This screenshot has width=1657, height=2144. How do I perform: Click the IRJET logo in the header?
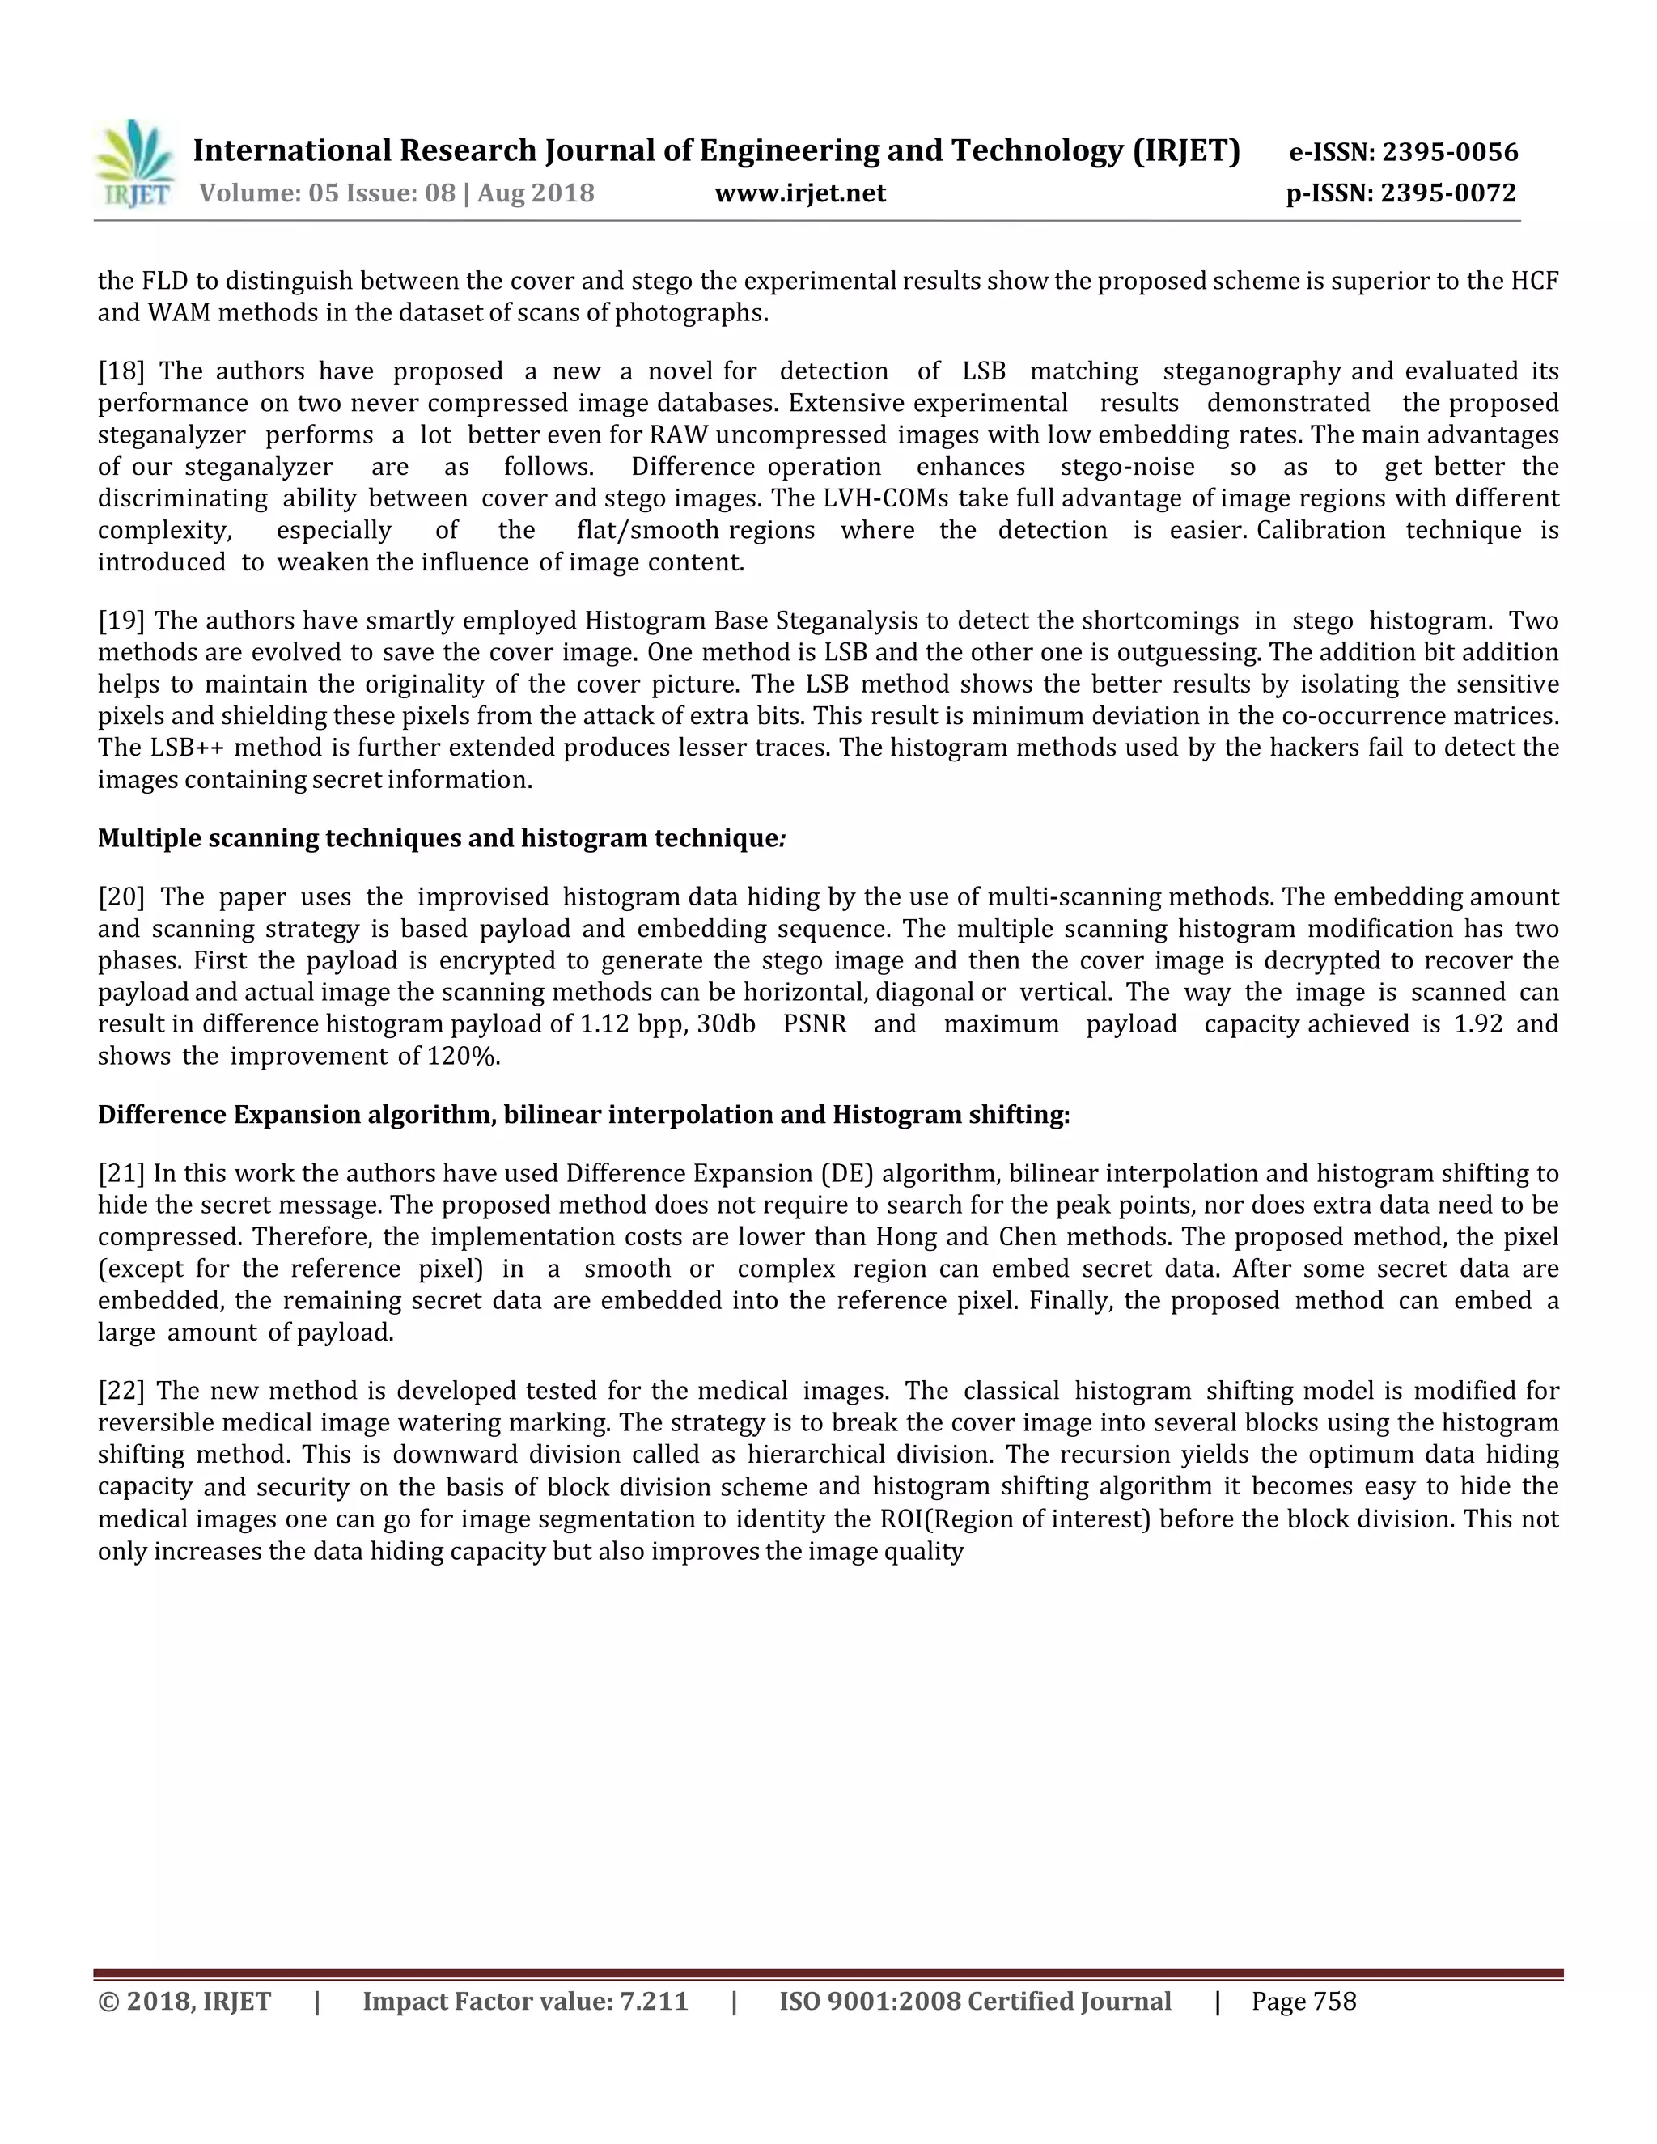coord(135,164)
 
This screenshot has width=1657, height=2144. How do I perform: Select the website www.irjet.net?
coord(800,193)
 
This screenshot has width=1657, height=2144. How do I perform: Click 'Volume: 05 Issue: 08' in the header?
coord(327,193)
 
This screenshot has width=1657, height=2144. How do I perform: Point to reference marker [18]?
coord(121,371)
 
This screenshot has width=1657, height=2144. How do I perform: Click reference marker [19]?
coord(121,621)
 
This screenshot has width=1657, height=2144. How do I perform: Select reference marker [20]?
coord(121,896)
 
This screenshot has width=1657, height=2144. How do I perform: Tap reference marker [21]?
coord(121,1173)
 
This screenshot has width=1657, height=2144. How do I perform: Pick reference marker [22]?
coord(121,1390)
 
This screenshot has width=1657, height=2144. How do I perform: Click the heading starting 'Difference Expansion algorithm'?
coord(583,1114)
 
